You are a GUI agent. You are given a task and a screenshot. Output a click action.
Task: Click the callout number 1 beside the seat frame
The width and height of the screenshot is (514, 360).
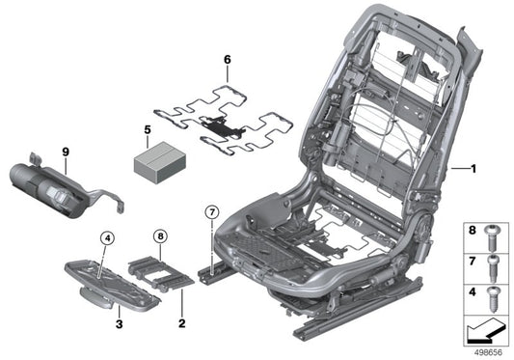tap(473, 169)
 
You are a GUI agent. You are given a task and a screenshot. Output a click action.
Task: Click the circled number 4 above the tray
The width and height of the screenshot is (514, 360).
tap(107, 237)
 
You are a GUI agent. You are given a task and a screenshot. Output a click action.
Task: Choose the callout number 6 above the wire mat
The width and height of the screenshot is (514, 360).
tap(228, 60)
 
